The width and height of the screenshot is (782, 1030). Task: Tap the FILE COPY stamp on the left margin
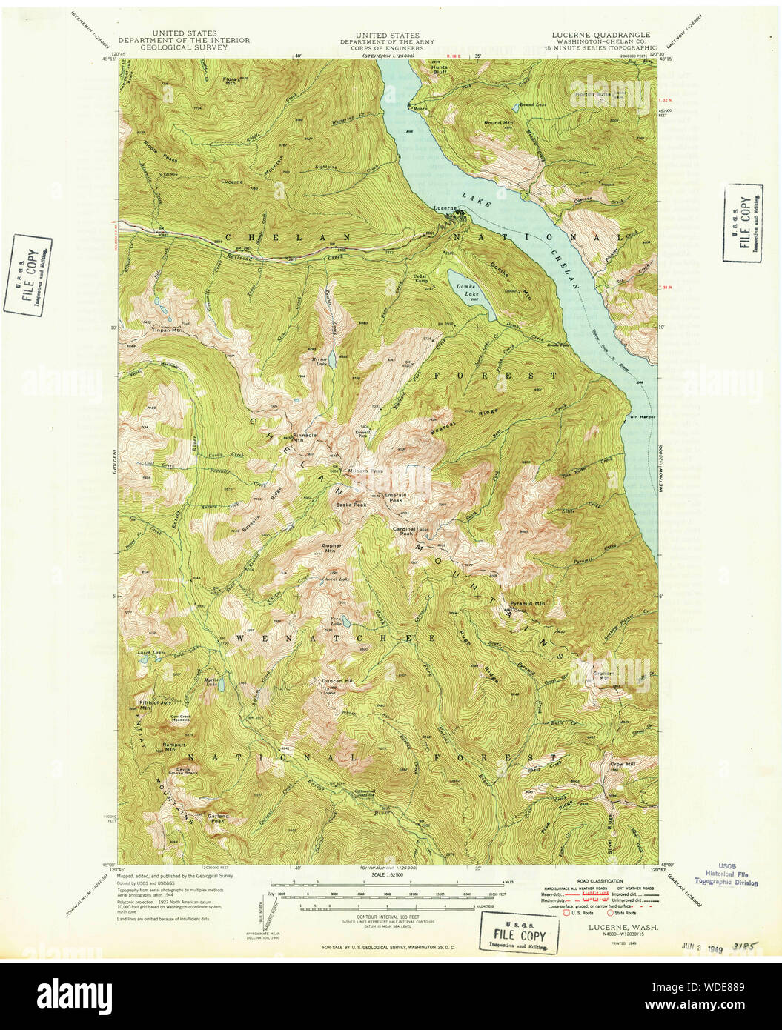pyautogui.click(x=27, y=274)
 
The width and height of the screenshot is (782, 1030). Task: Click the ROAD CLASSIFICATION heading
pyautogui.click(x=601, y=880)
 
